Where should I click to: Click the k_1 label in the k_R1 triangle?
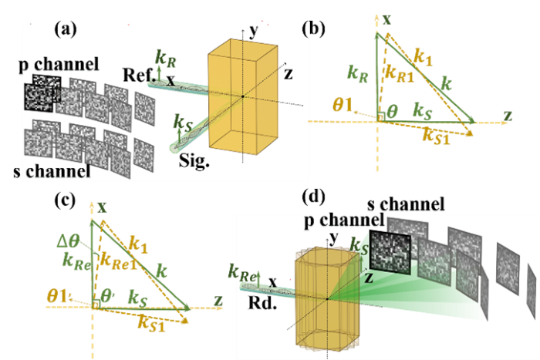[425, 58]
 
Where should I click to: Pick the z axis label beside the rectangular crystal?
[289, 74]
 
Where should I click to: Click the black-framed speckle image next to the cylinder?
[389, 249]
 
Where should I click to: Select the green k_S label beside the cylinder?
[360, 246]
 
